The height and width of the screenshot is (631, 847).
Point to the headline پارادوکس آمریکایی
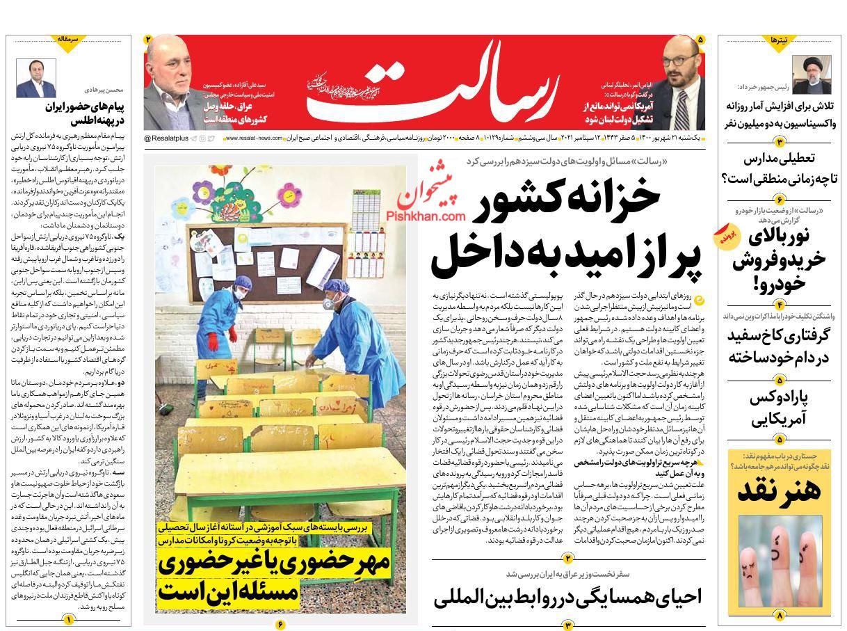coord(779,409)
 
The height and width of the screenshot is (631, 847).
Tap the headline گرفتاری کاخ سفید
coord(779,346)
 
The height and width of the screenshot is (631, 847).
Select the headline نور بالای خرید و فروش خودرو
coord(779,258)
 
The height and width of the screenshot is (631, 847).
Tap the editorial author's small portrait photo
coord(36,78)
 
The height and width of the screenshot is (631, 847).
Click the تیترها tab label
coord(780,41)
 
